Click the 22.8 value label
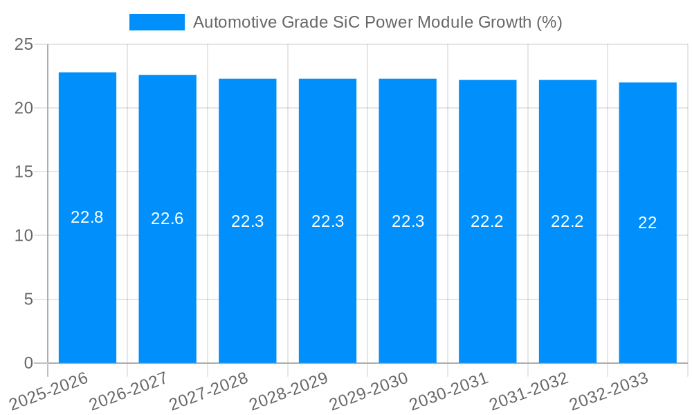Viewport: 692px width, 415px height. click(87, 217)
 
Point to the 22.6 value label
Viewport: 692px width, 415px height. click(167, 219)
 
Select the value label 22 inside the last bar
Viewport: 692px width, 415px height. click(648, 223)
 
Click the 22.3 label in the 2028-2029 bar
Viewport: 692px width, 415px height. click(327, 221)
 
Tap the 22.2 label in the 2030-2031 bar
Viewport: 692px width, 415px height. click(487, 221)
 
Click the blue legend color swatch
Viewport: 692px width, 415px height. click(157, 22)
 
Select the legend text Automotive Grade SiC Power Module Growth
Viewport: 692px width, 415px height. click(377, 22)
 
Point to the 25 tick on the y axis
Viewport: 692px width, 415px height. click(24, 44)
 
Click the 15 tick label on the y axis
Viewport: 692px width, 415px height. click(24, 172)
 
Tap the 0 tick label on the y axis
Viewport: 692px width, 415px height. click(28, 363)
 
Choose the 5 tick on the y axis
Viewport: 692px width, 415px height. click(28, 299)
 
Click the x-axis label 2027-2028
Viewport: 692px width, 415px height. click(208, 391)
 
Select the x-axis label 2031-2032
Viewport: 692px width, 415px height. click(529, 391)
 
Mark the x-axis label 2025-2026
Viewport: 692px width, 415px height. click(48, 391)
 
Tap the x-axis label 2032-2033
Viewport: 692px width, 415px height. click(608, 391)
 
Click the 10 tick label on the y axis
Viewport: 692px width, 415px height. click(24, 236)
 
